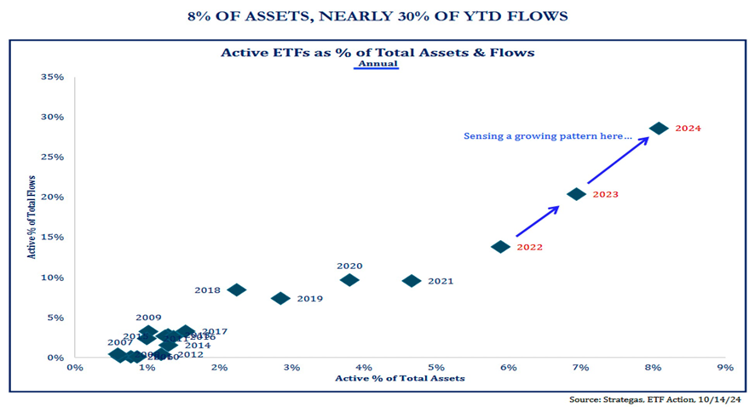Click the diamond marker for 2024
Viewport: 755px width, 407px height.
click(659, 128)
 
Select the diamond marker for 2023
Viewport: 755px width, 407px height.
click(576, 194)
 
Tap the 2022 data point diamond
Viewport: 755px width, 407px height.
click(501, 247)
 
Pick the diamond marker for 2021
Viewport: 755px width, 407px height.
click(412, 281)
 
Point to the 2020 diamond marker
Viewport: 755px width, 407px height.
click(349, 280)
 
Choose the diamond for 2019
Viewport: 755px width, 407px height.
click(280, 298)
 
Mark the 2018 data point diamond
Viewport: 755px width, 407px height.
click(237, 290)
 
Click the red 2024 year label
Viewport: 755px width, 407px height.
click(688, 129)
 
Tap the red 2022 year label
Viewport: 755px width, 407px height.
click(529, 248)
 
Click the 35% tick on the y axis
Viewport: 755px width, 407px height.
click(53, 77)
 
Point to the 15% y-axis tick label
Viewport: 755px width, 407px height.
click(53, 238)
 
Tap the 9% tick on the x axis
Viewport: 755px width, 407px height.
click(725, 368)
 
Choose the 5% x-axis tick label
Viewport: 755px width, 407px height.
click(436, 368)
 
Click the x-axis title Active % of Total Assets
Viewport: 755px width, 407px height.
click(400, 378)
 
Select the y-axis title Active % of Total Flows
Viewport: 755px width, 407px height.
click(32, 217)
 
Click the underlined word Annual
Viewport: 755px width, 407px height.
click(377, 64)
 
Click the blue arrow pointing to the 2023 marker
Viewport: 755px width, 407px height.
click(537, 221)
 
